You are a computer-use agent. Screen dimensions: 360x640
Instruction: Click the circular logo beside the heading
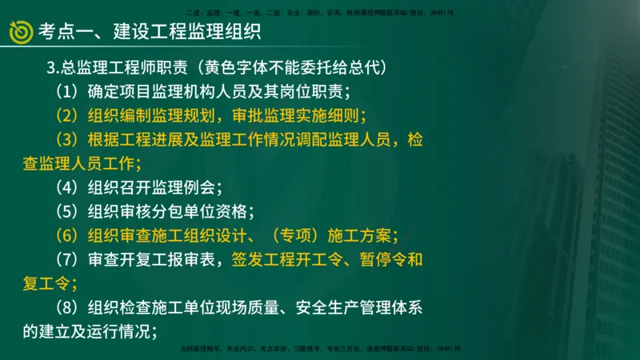20,31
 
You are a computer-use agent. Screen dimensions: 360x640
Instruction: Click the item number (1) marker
67,89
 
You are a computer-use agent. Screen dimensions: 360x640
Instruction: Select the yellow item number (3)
67,139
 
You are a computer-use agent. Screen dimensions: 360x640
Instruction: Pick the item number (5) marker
67,212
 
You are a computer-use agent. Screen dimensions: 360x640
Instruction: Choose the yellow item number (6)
67,236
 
